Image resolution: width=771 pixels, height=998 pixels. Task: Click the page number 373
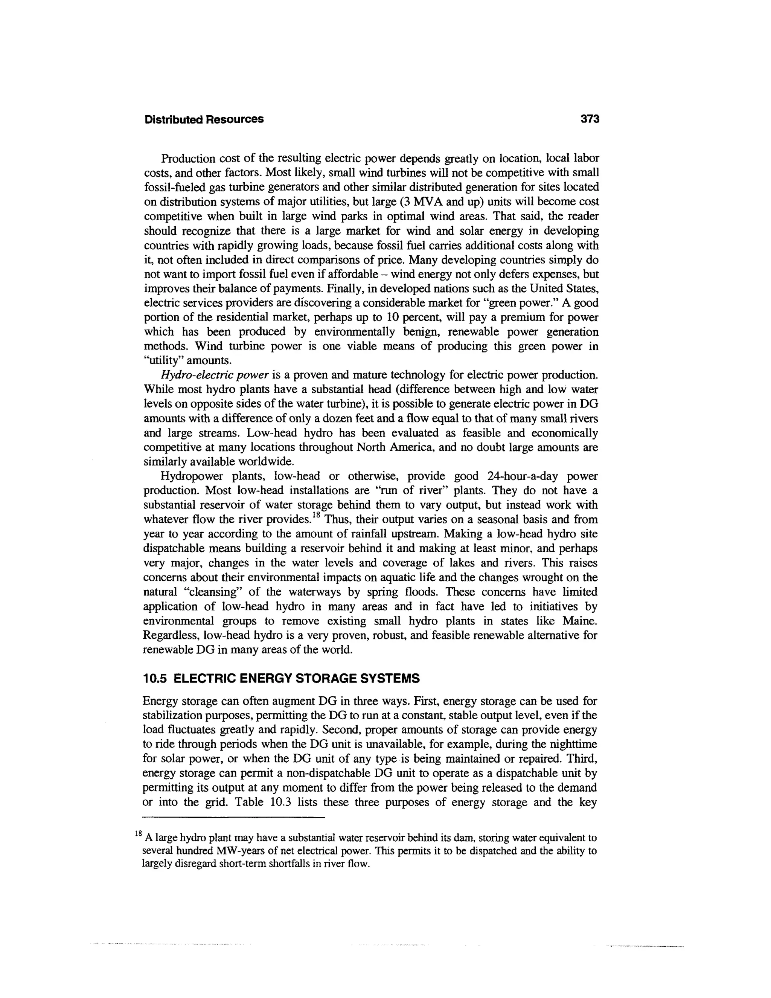point(589,119)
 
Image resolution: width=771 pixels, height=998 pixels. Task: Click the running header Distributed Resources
point(204,119)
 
